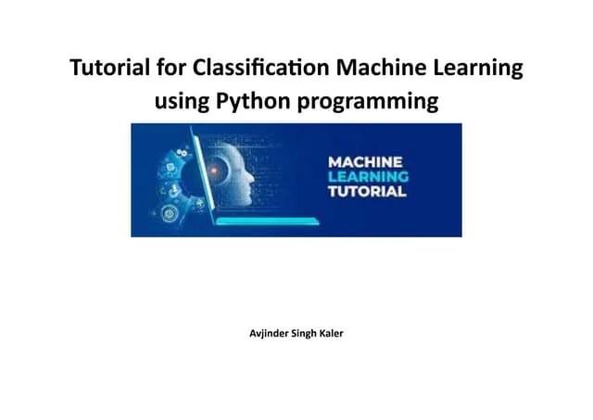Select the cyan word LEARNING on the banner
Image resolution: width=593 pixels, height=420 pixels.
coord(368,177)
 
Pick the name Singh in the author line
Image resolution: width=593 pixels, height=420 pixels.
coord(299,333)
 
